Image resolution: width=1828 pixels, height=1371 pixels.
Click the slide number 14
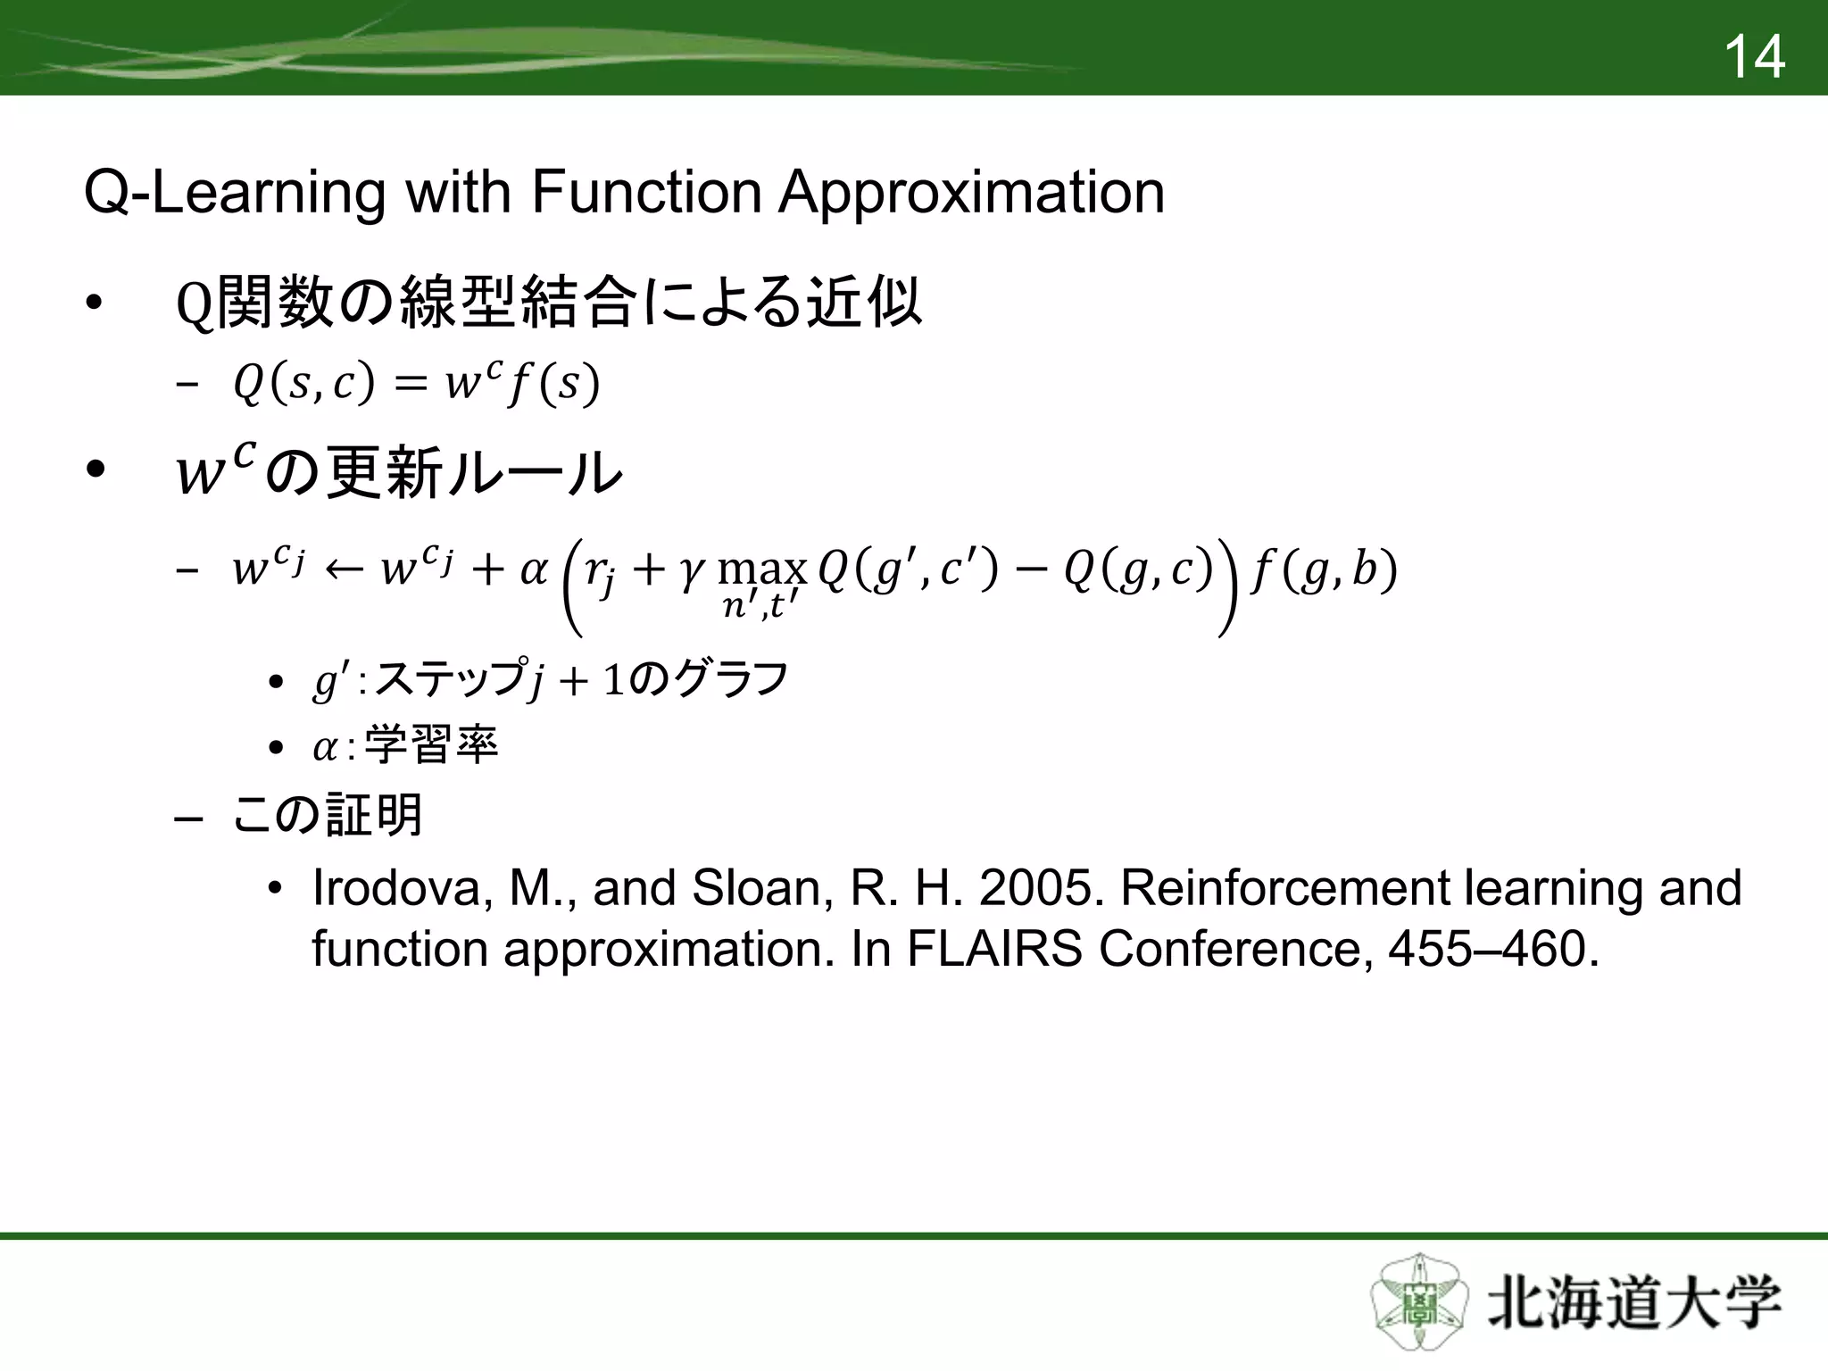pos(1754,57)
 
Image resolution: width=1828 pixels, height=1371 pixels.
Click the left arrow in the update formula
pos(343,569)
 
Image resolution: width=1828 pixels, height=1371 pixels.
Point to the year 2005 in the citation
pos(1041,888)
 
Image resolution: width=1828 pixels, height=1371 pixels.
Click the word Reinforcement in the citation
pos(1285,888)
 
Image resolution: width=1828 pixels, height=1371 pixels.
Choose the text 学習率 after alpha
pos(431,745)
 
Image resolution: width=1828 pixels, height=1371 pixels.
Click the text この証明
pos(327,816)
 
